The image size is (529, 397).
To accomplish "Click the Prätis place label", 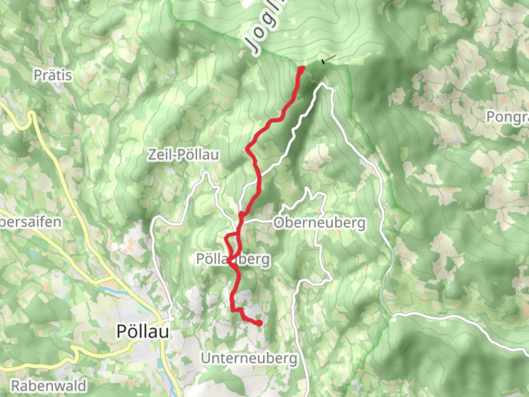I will click(53, 75).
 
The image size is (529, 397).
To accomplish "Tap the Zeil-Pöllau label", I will click(183, 155).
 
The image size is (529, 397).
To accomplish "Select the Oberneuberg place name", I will click(320, 223).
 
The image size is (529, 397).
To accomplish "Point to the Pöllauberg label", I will click(233, 259).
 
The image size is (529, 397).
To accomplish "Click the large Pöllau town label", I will click(143, 332).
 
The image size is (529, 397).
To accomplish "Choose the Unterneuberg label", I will click(249, 358).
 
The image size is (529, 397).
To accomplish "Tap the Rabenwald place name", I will click(48, 386).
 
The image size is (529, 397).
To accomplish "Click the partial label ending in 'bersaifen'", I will click(31, 222).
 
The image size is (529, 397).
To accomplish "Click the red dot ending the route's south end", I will click(259, 323).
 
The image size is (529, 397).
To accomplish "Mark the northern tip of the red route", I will click(302, 68).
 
